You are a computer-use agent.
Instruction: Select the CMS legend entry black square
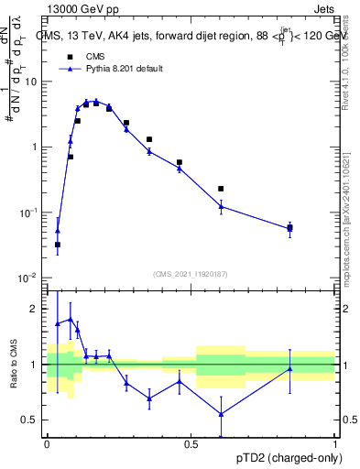pos(69,56)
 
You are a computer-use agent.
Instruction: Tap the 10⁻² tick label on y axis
pos(30,278)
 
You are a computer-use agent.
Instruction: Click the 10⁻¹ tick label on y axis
pos(30,213)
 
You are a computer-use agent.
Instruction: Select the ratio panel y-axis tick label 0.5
pos(33,420)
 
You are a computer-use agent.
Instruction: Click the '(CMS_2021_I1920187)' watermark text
pos(190,273)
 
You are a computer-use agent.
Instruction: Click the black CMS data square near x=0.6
pos(221,189)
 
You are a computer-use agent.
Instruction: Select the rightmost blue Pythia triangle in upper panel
pos(289,229)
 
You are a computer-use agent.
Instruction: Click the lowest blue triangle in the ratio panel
pos(221,413)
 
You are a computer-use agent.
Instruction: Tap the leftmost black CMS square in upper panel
pos(58,245)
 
